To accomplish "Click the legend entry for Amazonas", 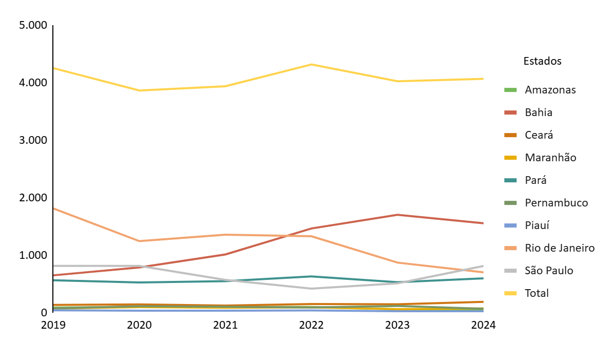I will tap(550, 90).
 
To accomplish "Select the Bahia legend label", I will tap(538, 112).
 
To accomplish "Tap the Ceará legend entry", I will tap(538, 135).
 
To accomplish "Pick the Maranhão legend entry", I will tap(550, 158).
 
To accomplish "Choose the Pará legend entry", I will tap(535, 180).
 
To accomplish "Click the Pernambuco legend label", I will tap(556, 203).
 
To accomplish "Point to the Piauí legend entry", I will tap(537, 225).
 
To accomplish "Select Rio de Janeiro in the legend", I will tap(560, 248).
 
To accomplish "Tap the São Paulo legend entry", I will tap(549, 271).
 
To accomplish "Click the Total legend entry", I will tap(536, 293).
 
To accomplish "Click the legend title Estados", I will tap(542, 61).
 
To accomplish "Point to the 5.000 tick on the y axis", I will tap(33, 25).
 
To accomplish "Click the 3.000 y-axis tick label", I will tap(33, 140).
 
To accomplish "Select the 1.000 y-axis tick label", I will tap(33, 255).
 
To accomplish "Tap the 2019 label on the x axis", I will tap(53, 326).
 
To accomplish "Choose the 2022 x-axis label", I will tap(311, 326).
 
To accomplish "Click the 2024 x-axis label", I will tap(483, 326).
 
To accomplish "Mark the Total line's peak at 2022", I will tap(311, 64).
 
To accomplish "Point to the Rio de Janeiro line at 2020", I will tap(139, 241).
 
